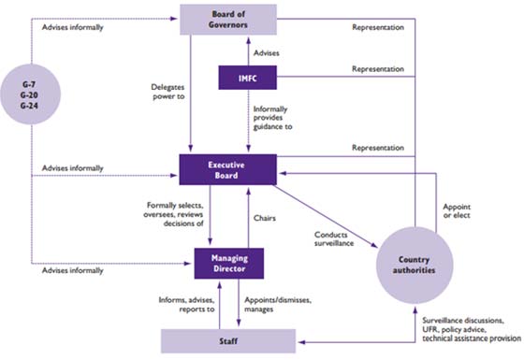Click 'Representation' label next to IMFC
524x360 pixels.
377,70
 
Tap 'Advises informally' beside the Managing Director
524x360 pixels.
74,271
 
